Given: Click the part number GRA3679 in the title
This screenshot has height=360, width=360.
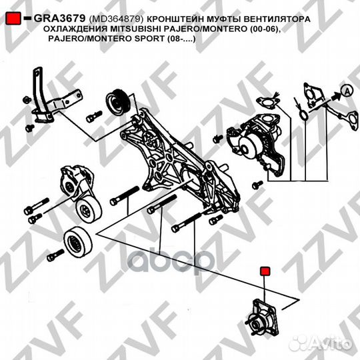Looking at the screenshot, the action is [x=59, y=19].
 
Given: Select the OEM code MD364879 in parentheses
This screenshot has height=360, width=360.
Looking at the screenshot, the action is [x=116, y=19].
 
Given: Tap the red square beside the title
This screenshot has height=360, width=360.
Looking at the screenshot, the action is [x=13, y=19].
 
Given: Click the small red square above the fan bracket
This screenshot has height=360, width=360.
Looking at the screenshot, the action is [x=265, y=271].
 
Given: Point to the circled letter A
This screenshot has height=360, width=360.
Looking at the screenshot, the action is [x=347, y=91].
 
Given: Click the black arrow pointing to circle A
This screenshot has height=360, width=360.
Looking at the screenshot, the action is [x=336, y=96].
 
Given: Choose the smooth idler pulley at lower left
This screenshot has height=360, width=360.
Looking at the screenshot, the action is [x=78, y=241].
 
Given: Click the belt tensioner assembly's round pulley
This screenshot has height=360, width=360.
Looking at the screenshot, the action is [x=89, y=210].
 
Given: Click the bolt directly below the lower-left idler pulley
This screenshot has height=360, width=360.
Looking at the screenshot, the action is [x=55, y=255].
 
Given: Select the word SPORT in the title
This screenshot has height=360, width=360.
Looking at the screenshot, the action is [x=149, y=39].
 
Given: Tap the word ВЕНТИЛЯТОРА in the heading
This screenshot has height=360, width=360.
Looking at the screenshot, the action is [x=277, y=19].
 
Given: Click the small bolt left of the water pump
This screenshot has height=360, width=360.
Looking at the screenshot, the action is [x=217, y=139].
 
